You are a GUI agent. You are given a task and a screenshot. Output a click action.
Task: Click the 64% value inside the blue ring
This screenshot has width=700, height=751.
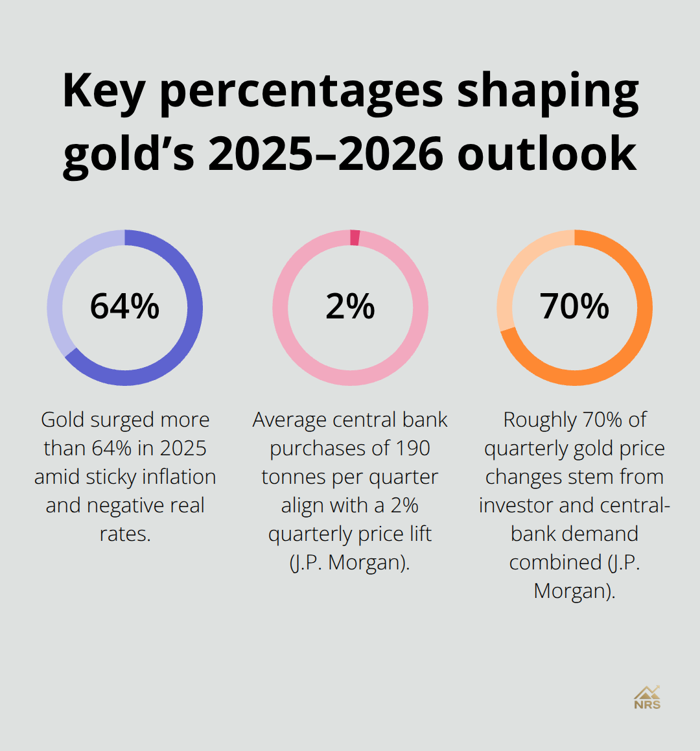(x=124, y=307)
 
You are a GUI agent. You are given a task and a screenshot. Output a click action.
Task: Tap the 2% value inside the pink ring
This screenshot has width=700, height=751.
(x=350, y=307)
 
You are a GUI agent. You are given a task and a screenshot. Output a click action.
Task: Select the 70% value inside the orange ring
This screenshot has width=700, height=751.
(x=574, y=307)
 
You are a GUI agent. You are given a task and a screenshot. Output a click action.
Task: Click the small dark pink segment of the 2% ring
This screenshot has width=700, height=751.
(x=355, y=237)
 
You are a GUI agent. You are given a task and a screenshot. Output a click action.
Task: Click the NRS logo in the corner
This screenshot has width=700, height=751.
(x=647, y=698)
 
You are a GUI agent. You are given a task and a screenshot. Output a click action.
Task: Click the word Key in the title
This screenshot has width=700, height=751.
(x=103, y=91)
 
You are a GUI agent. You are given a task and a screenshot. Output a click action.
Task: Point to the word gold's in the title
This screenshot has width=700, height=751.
(x=129, y=154)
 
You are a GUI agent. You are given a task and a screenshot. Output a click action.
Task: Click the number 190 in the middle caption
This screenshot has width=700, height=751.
(x=413, y=448)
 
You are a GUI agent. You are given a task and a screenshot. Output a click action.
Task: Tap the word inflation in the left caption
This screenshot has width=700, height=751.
(x=179, y=477)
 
